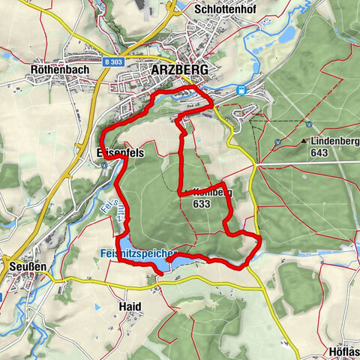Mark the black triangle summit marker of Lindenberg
(303, 141)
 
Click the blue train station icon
(241, 89)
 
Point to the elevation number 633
(200, 203)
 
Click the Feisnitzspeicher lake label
(137, 254)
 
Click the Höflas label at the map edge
(343, 351)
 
